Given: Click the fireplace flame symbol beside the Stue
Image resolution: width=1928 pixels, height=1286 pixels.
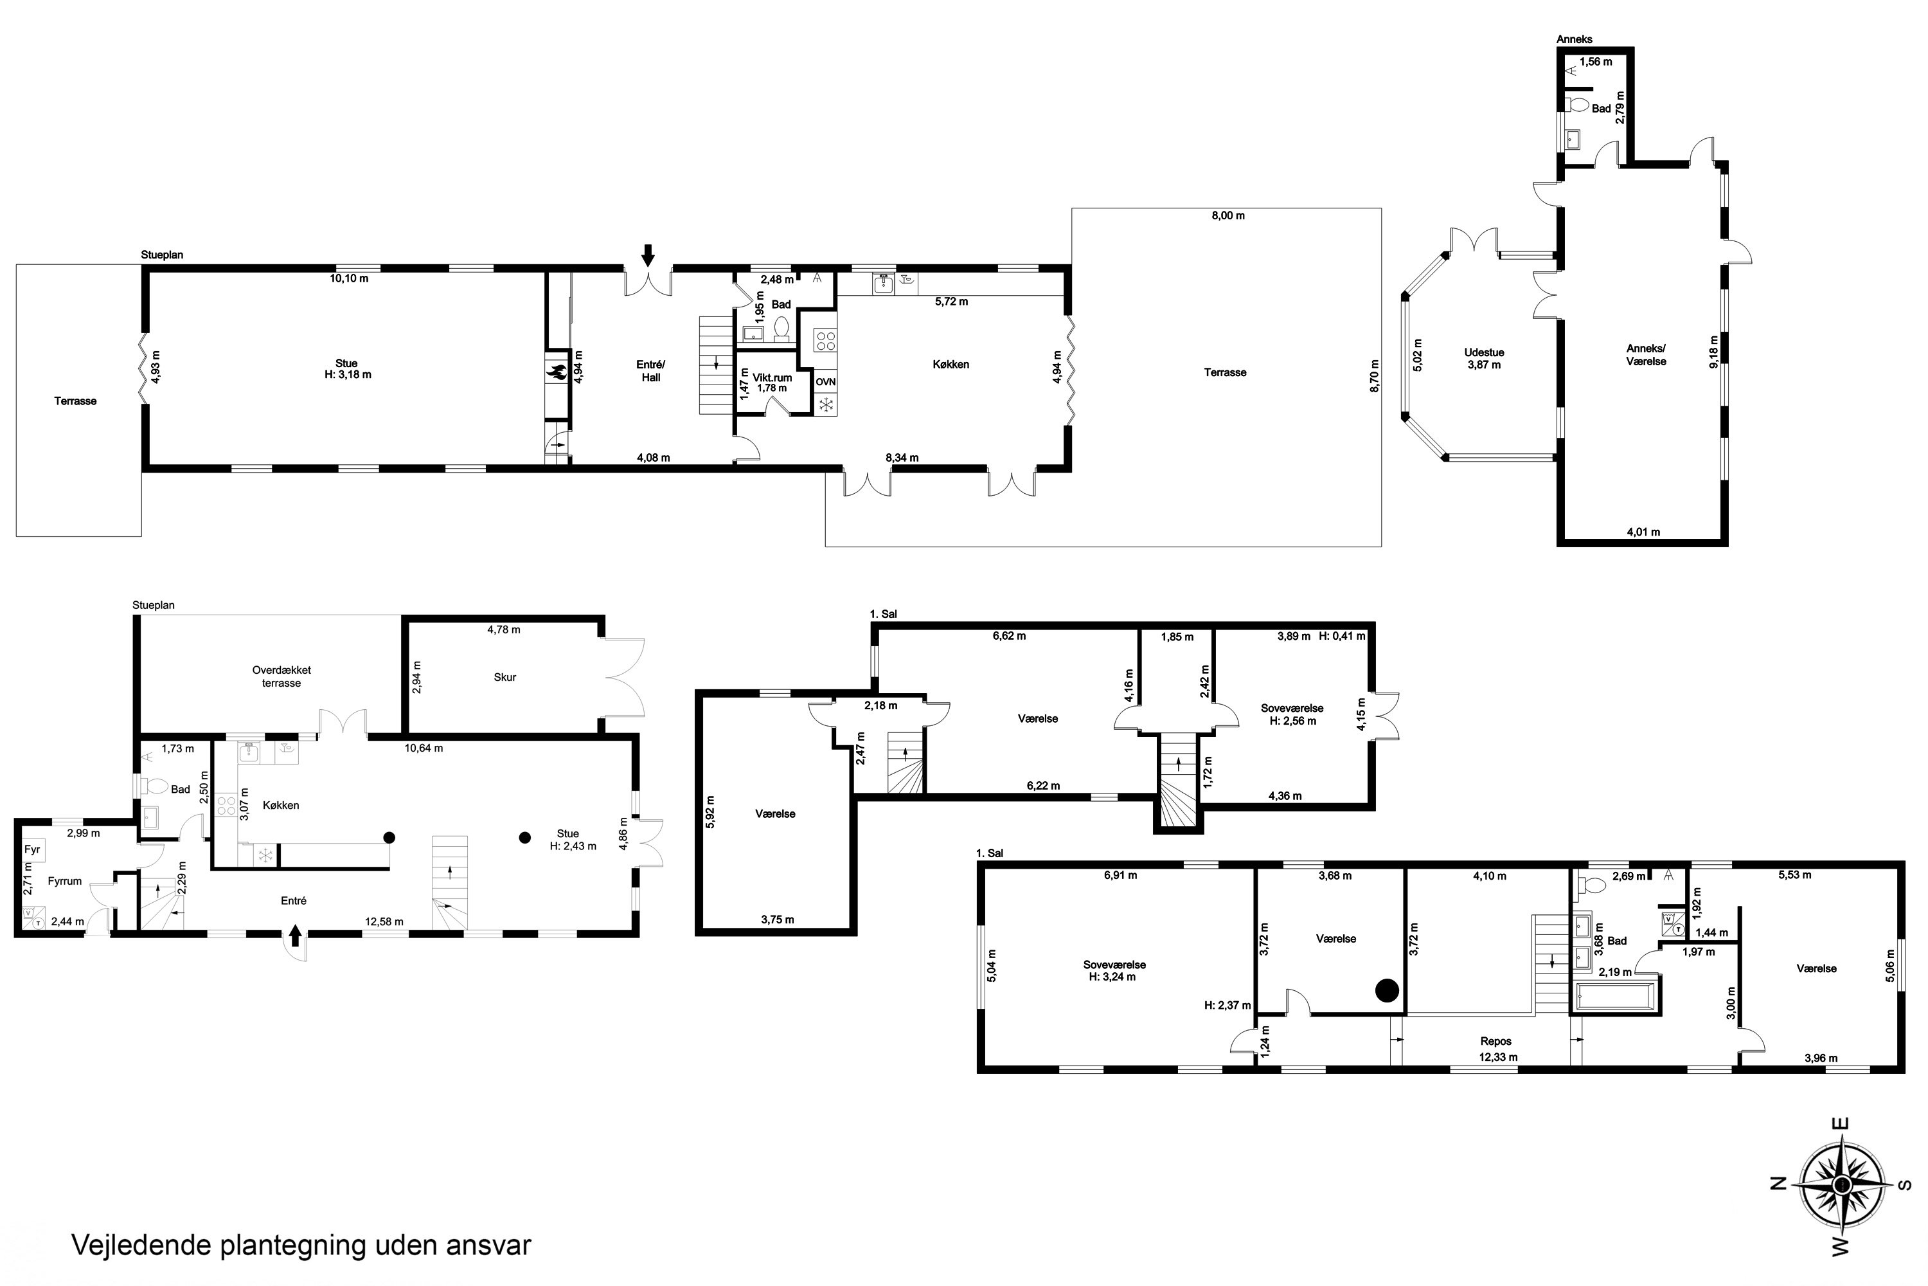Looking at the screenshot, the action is (557, 372).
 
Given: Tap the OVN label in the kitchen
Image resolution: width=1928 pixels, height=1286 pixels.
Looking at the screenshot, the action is (825, 382).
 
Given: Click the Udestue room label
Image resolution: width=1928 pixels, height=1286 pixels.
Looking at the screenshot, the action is (1485, 352).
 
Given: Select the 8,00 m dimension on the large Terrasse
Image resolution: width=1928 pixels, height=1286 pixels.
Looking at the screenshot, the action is (1228, 215).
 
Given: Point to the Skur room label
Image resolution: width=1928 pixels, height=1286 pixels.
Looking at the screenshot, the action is (505, 678).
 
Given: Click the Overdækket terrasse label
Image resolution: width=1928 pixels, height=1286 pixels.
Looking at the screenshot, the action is (281, 676).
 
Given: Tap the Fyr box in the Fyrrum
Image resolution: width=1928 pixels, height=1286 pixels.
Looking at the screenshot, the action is (32, 849).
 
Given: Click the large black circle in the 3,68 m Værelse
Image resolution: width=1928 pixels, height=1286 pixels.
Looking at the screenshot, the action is (1386, 991).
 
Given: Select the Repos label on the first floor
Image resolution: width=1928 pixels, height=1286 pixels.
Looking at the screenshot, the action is (1496, 1042).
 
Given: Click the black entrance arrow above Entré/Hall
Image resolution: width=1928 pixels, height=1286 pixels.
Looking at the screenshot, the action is (648, 255).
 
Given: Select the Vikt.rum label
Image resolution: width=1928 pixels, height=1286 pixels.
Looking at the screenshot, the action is (772, 378).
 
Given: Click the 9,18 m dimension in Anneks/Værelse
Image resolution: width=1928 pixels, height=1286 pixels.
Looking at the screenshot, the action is (1714, 352).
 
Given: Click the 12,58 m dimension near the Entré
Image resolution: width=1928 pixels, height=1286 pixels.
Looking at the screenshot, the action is (384, 922).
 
